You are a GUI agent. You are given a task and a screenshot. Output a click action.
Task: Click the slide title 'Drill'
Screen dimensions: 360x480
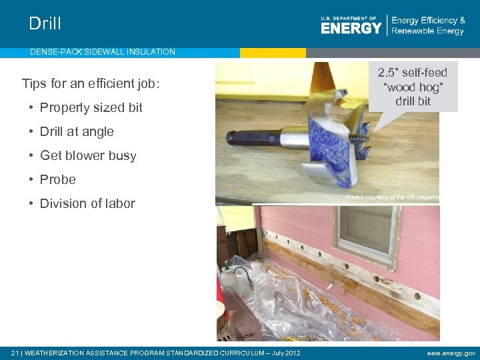pyautogui.click(x=45, y=24)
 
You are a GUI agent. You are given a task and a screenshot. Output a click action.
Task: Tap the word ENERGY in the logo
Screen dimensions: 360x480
pyautogui.click(x=351, y=27)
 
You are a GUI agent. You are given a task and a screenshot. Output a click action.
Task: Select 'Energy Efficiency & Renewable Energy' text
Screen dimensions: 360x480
pyautogui.click(x=428, y=26)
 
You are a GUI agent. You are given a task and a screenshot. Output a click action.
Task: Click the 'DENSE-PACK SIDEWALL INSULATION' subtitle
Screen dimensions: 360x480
pyautogui.click(x=102, y=52)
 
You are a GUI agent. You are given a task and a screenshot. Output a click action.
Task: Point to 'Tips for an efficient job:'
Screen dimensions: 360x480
pyautogui.click(x=91, y=84)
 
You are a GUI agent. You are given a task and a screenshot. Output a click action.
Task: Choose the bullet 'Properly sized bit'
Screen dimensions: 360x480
pyautogui.click(x=91, y=108)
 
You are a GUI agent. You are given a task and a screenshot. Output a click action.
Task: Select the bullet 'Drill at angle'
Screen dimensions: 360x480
pyautogui.click(x=77, y=132)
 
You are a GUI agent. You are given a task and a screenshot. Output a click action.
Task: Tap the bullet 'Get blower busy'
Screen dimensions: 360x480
pyautogui.click(x=88, y=156)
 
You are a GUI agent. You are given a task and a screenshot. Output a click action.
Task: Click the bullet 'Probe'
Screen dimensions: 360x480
pyautogui.click(x=58, y=180)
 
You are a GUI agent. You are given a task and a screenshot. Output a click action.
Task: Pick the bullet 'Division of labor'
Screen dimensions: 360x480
pyautogui.click(x=87, y=204)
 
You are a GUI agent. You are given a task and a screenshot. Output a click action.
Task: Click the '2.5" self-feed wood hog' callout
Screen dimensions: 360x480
pyautogui.click(x=413, y=87)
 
